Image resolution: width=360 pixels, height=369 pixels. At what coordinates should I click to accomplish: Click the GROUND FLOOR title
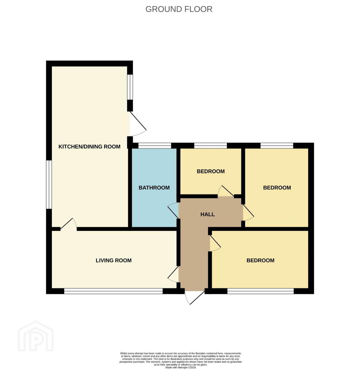[179, 9]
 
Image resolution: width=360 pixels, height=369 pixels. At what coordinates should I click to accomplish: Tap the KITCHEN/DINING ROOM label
[89, 147]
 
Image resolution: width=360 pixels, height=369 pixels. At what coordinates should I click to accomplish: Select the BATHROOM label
[154, 188]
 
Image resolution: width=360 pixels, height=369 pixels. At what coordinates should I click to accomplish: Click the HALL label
[208, 214]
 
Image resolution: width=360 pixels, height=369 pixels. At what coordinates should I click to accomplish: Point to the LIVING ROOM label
[114, 260]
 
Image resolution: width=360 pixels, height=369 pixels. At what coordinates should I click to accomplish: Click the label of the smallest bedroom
[211, 171]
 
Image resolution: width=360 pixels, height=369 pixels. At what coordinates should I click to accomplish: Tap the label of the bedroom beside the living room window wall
[261, 260]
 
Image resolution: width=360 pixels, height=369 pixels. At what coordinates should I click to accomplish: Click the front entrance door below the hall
[194, 298]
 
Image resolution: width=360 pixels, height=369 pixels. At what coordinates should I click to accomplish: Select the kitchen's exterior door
[138, 124]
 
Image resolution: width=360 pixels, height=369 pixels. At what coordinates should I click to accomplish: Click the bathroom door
[173, 210]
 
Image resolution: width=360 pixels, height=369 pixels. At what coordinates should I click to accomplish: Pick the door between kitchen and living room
[68, 224]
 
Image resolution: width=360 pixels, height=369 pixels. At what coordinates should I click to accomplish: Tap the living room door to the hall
[173, 274]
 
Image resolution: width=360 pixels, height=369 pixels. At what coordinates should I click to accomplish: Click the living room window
[113, 291]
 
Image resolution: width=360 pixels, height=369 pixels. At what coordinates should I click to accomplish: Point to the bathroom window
[155, 146]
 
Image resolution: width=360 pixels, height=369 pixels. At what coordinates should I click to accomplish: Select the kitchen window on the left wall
[49, 184]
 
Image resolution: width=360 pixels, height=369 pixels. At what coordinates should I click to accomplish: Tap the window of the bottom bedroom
[261, 291]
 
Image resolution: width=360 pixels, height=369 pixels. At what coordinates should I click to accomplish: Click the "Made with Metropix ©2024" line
[180, 367]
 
